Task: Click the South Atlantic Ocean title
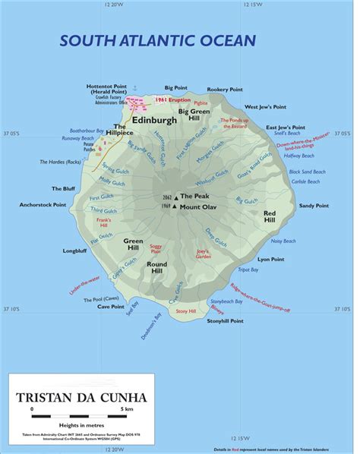pyautogui.click(x=158, y=40)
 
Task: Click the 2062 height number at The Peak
pyautogui.click(x=167, y=197)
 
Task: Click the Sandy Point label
pyautogui.click(x=313, y=206)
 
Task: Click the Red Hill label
pyautogui.click(x=270, y=217)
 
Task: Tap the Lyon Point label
pyautogui.click(x=271, y=259)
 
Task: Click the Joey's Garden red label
pyautogui.click(x=203, y=254)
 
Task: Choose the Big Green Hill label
pyautogui.click(x=194, y=115)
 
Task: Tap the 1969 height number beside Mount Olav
pyautogui.click(x=167, y=206)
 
